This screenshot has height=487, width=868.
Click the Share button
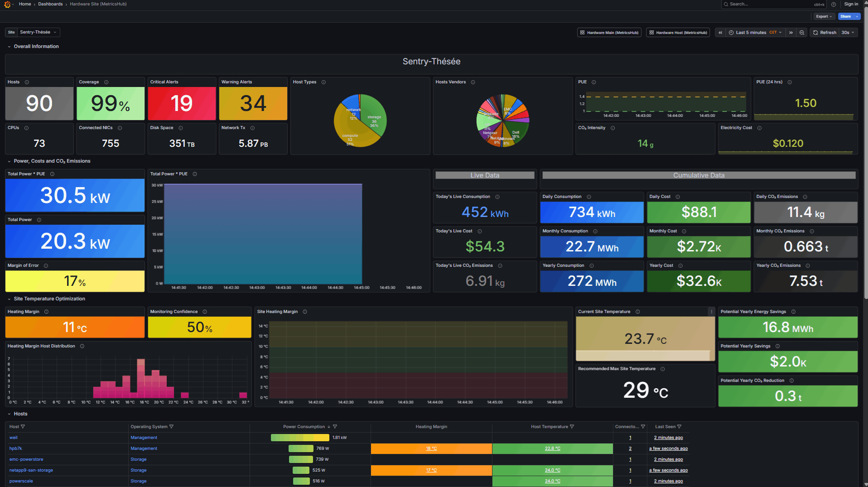pyautogui.click(x=845, y=16)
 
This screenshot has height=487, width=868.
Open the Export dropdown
pyautogui.click(x=824, y=16)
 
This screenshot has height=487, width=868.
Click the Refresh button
pyautogui.click(x=825, y=33)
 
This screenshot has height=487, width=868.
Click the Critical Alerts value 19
pyautogui.click(x=182, y=103)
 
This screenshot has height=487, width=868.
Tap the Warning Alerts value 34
pyautogui.click(x=253, y=103)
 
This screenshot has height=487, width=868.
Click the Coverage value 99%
pyautogui.click(x=111, y=103)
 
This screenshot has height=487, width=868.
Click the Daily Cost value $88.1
pyautogui.click(x=699, y=212)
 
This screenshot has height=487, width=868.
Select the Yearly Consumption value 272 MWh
pyautogui.click(x=592, y=281)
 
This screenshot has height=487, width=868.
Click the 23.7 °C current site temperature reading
pyautogui.click(x=645, y=339)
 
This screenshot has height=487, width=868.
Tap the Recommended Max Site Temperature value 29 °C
pyautogui.click(x=645, y=391)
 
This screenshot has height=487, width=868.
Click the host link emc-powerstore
pyautogui.click(x=26, y=459)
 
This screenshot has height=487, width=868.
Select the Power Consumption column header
pyautogui.click(x=304, y=427)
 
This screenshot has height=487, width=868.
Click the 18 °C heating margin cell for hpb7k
pyautogui.click(x=431, y=448)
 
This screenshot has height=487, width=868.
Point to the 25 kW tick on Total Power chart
pyautogui.click(x=157, y=202)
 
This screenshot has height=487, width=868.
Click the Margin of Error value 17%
pyautogui.click(x=75, y=281)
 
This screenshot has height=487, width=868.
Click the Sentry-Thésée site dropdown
pyautogui.click(x=38, y=32)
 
